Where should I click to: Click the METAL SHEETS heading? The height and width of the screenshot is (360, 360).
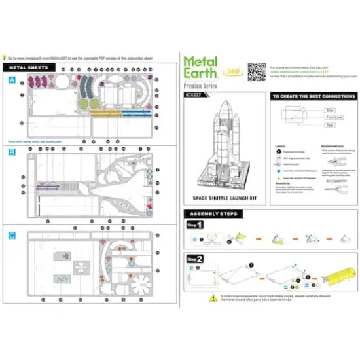point(31,67)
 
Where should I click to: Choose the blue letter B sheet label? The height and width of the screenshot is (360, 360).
point(12,152)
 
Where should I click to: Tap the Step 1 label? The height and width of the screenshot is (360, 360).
point(195,225)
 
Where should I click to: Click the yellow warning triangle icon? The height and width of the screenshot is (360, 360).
point(212,297)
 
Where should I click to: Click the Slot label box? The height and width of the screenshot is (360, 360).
point(331,111)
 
